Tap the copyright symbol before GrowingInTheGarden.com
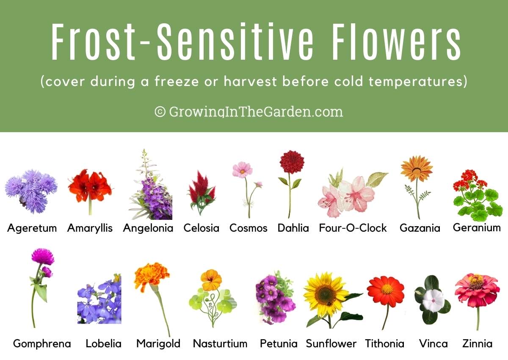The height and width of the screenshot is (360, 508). [x=160, y=112]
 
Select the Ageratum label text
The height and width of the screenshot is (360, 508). [x=32, y=228]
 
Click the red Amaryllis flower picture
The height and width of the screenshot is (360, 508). [x=90, y=186]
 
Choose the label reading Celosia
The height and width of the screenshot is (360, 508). [x=201, y=228]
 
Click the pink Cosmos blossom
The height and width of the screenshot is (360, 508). [x=242, y=170]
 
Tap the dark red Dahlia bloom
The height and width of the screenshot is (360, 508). [x=292, y=162]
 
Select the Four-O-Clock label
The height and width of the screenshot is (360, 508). [x=353, y=228]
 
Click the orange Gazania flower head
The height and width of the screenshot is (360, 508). [x=417, y=169]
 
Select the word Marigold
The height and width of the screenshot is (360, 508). [x=158, y=343]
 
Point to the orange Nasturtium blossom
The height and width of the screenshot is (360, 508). [x=211, y=280]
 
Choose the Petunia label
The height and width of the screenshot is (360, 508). [x=279, y=343]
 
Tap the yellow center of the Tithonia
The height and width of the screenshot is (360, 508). [x=387, y=289]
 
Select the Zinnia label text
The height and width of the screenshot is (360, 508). [x=477, y=343]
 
